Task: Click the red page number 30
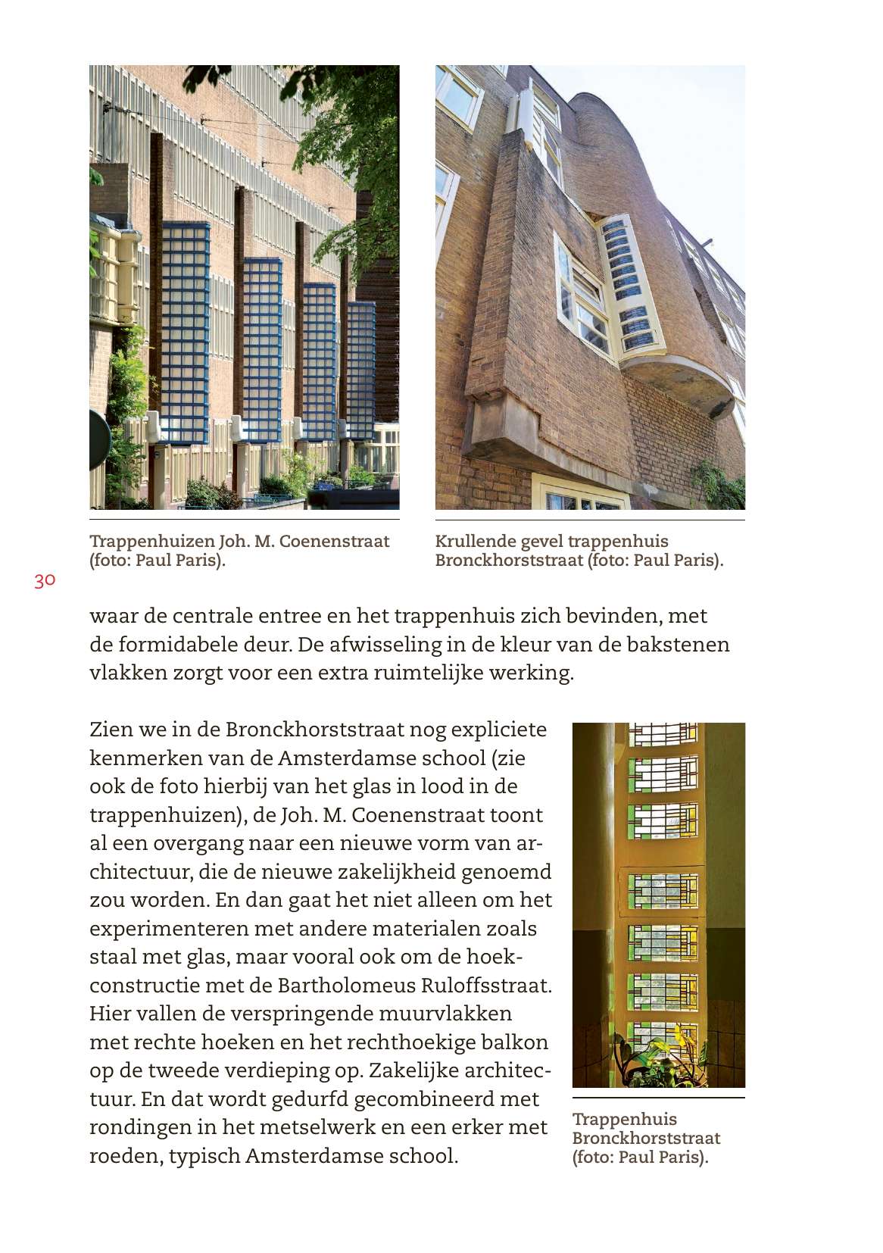[x=45, y=580]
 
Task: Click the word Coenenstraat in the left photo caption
[x=334, y=541]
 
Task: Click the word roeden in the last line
[x=125, y=1156]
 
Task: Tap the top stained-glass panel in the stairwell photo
[x=663, y=733]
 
